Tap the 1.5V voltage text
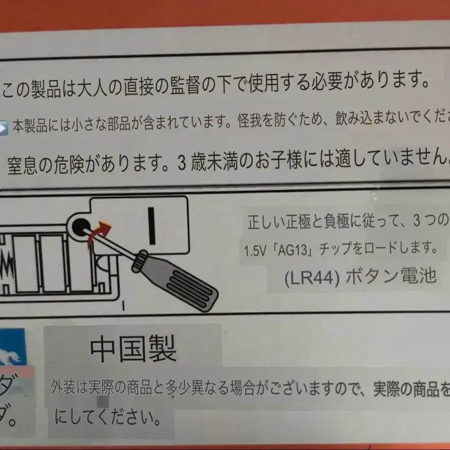[x=255, y=251]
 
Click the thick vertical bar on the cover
[x=152, y=224]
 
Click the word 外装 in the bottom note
[x=63, y=389]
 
